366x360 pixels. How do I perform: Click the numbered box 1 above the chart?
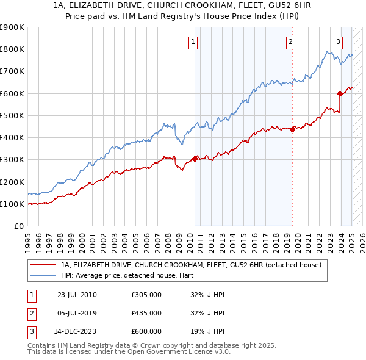click(x=193, y=42)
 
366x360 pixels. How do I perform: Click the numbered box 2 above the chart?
click(x=290, y=42)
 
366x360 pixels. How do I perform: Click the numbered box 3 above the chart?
click(x=338, y=42)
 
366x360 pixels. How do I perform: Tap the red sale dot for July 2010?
click(x=195, y=159)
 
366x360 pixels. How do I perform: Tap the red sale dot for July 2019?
click(x=293, y=129)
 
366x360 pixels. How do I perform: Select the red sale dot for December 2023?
click(x=340, y=93)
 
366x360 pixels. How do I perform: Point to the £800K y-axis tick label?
click(x=12, y=49)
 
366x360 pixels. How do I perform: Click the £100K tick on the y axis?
click(x=12, y=204)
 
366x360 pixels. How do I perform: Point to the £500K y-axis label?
click(x=12, y=116)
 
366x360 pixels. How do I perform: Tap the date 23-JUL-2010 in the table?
click(x=76, y=295)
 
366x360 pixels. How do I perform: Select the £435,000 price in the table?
click(x=146, y=314)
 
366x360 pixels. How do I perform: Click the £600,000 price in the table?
click(x=146, y=332)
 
